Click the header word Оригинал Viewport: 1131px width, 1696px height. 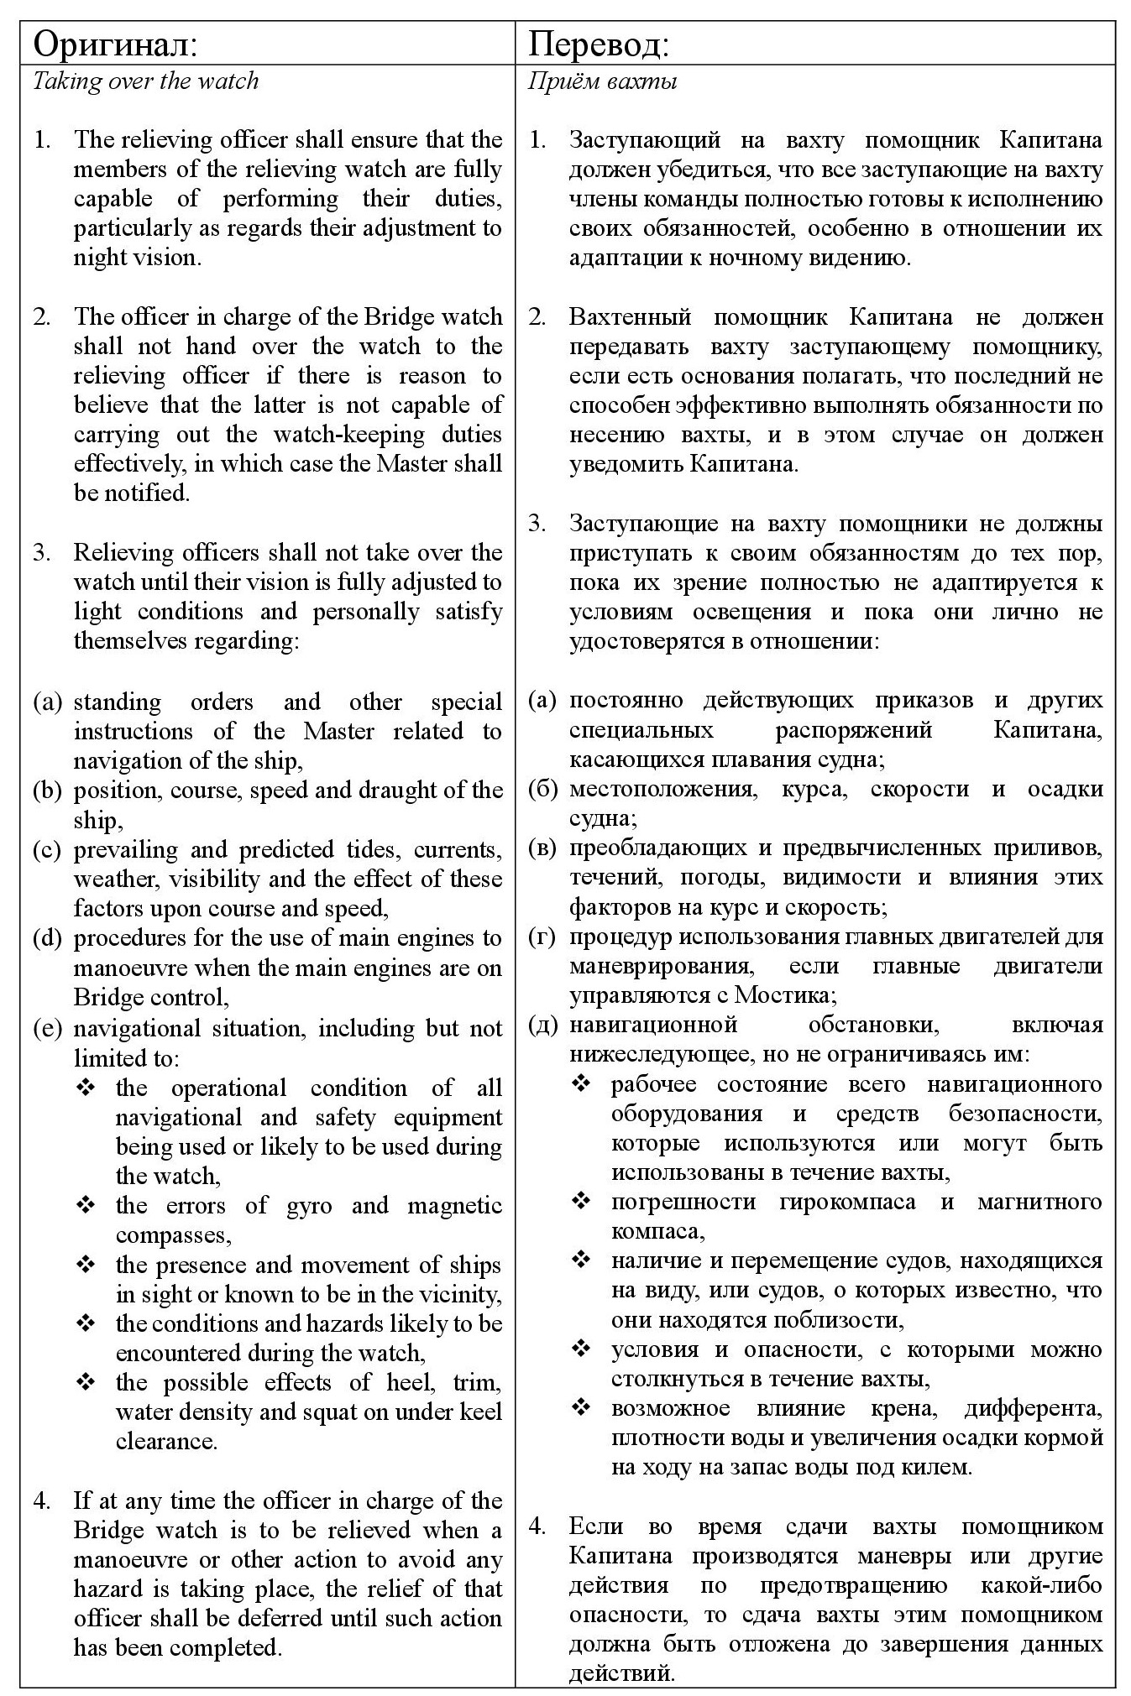[x=114, y=44]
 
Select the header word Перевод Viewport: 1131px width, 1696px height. [x=597, y=44]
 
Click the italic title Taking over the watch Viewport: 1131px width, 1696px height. [x=145, y=81]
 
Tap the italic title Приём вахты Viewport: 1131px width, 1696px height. [x=602, y=81]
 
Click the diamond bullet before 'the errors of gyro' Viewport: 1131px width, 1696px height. [x=86, y=1206]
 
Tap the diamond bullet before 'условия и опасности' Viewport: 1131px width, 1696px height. [x=581, y=1349]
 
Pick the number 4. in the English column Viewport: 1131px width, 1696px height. [x=42, y=1500]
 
